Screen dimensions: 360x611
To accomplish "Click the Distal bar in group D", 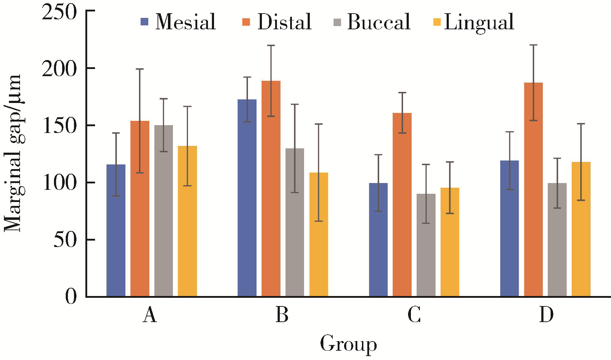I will [533, 189].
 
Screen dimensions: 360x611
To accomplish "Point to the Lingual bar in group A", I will [187, 221].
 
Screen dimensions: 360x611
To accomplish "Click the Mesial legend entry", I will [179, 22].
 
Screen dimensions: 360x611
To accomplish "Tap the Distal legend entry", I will [277, 22].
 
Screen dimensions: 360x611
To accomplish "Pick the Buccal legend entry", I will [372, 22].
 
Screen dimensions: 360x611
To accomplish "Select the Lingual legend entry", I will [473, 22].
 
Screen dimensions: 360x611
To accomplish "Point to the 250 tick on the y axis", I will [59, 12].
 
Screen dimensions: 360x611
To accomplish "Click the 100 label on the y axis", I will [59, 183].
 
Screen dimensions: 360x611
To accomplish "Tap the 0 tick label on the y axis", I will [71, 296].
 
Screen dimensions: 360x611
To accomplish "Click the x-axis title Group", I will [348, 344].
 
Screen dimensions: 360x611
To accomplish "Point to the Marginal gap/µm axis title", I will [13, 154].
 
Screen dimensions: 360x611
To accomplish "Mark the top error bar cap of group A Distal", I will [140, 69].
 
